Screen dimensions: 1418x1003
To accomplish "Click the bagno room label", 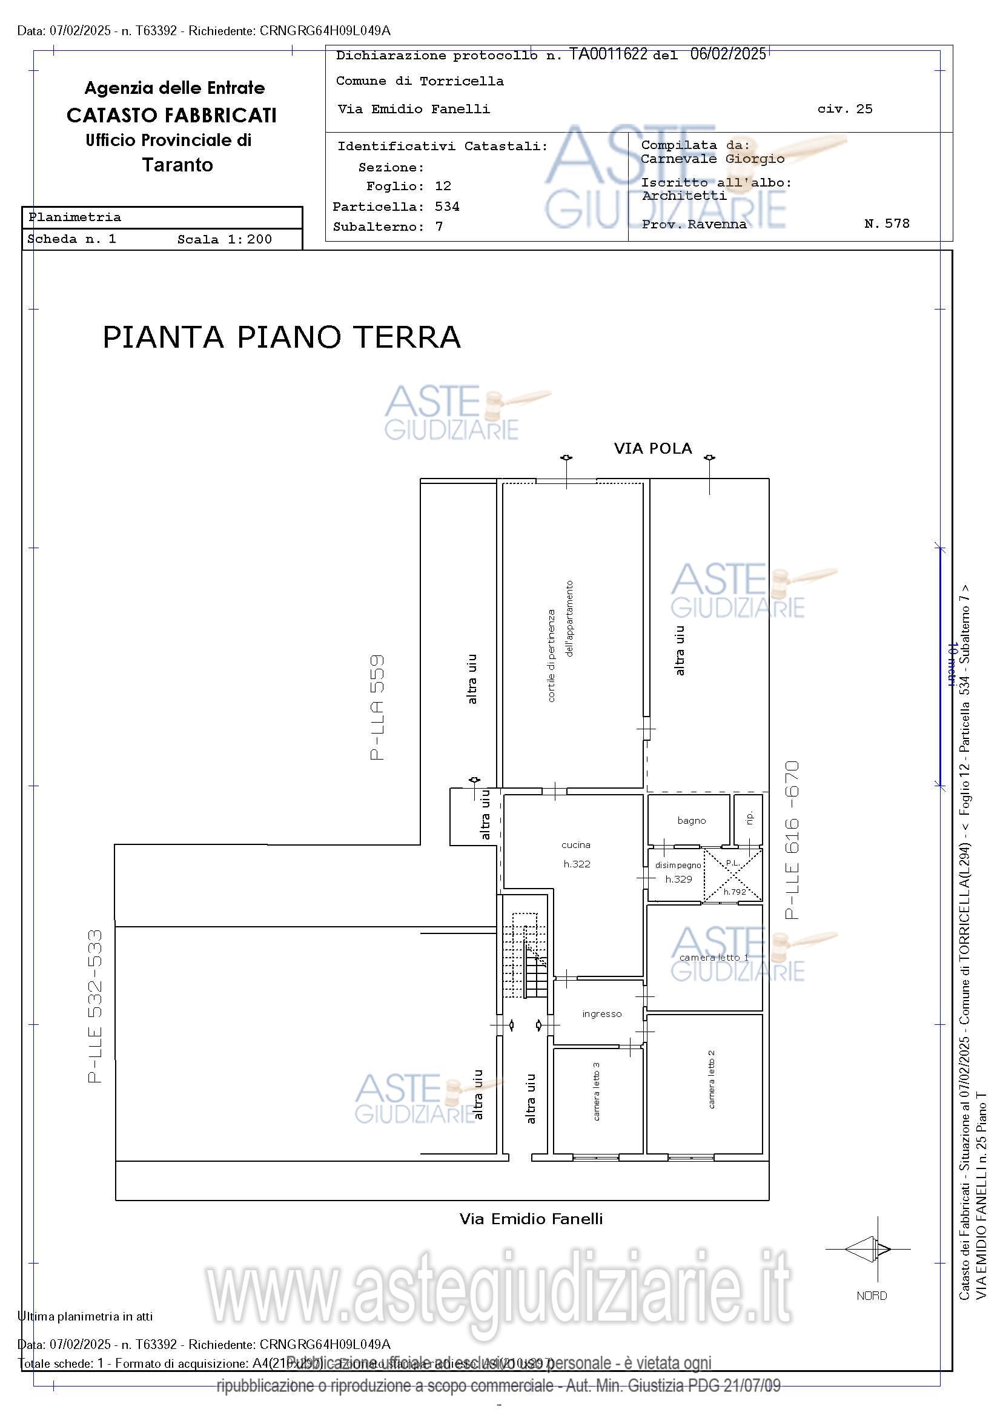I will click(691, 821).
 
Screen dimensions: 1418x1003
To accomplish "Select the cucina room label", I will click(575, 845).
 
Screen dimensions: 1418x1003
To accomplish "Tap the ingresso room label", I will click(601, 1014).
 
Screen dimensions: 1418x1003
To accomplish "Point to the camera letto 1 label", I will click(713, 958).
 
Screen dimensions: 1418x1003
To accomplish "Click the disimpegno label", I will click(678, 865).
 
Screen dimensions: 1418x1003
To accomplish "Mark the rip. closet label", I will click(750, 819).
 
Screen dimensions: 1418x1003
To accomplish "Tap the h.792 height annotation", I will click(735, 892).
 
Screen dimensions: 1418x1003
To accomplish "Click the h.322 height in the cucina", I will click(577, 864).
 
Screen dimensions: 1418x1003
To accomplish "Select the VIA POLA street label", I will click(653, 448).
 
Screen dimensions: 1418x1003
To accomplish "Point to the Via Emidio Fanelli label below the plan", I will click(531, 1219).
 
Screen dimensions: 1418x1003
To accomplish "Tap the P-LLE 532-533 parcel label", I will click(94, 1007).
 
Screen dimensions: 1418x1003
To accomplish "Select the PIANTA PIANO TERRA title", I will click(282, 337).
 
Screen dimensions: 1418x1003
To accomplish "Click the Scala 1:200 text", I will click(224, 240).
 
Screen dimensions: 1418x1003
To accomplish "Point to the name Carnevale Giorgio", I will click(712, 159).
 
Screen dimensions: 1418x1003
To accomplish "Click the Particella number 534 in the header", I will click(446, 207).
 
